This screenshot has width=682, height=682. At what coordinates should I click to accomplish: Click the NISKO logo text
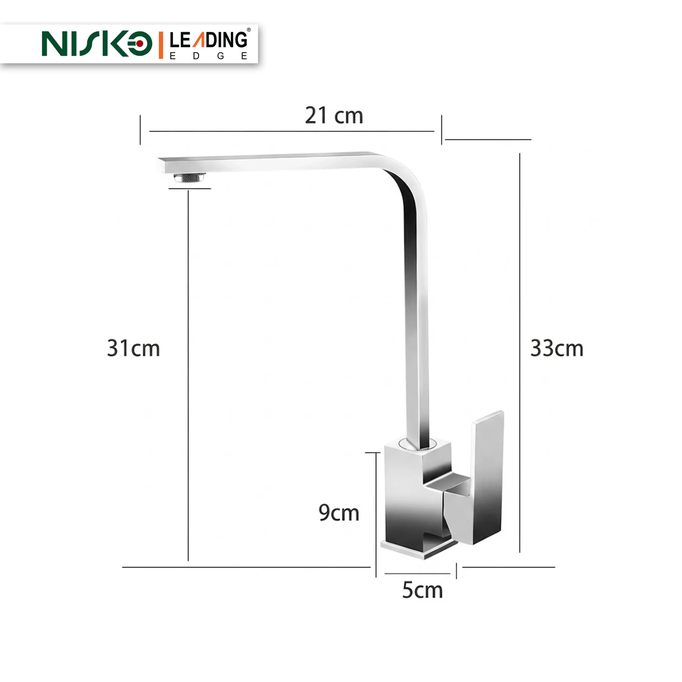[97, 43]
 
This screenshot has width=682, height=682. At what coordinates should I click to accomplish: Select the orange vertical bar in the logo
[161, 45]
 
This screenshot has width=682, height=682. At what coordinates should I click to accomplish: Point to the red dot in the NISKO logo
[140, 43]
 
